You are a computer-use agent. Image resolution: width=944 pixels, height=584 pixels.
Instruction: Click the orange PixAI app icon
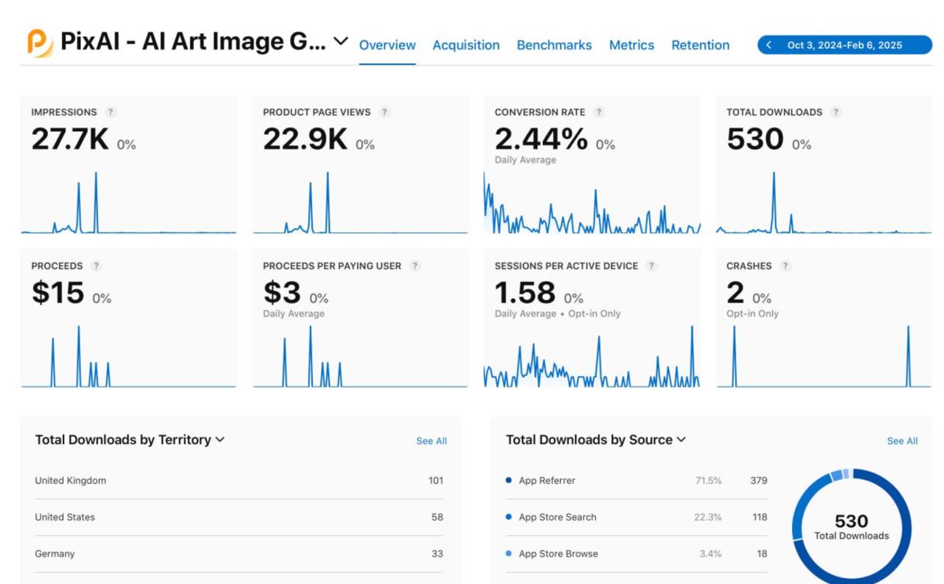40,43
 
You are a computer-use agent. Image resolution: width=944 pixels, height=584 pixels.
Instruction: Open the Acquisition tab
466,45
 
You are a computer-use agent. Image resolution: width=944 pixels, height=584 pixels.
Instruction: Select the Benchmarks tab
554,45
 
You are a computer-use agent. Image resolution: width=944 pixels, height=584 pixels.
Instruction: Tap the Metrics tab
631,45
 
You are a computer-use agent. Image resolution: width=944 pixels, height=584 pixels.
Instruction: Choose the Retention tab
700,45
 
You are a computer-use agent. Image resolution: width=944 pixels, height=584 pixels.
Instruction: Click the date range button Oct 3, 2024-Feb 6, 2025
844,45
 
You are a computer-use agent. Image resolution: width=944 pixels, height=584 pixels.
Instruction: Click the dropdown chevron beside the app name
341,41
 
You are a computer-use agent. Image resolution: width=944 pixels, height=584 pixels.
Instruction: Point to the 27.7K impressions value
70,139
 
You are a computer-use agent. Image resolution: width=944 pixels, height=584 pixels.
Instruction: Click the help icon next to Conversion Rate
599,112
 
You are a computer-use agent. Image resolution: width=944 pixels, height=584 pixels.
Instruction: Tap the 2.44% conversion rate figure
541,139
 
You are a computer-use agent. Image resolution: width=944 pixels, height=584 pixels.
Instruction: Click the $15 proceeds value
58,293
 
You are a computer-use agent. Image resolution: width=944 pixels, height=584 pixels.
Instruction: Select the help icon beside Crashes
785,265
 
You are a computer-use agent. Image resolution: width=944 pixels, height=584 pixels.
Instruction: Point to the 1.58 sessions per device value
524,293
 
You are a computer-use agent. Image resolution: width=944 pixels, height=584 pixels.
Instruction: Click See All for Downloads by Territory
431,441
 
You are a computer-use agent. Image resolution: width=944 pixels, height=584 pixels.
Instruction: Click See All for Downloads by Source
902,441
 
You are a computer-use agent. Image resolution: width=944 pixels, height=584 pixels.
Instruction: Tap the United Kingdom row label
71,480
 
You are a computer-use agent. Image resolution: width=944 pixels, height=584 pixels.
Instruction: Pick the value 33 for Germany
437,554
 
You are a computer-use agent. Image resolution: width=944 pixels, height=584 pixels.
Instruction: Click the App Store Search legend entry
557,517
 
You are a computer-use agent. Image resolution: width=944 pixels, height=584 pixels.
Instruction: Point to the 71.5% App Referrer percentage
708,480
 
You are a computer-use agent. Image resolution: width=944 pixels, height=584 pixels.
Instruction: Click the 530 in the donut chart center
851,521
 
